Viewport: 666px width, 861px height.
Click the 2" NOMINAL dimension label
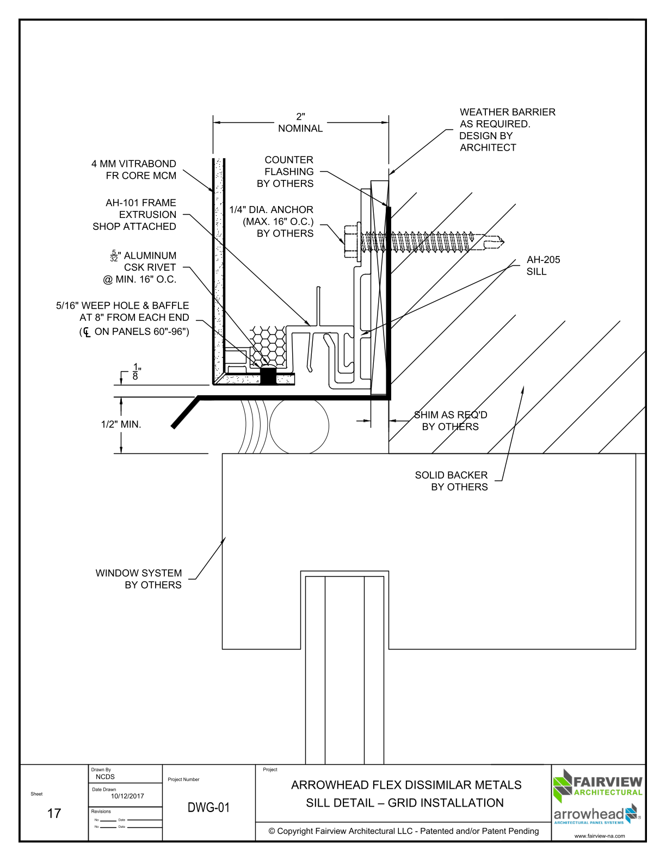300,122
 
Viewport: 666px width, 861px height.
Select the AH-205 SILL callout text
543,265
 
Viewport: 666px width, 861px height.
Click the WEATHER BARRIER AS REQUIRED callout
507,129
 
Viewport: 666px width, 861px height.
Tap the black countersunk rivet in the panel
268,375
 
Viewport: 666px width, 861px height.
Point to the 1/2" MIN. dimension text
121,425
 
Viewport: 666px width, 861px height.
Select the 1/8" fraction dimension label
136,371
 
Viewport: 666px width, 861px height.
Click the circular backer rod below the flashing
299,426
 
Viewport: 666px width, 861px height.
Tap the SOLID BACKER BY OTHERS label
452,481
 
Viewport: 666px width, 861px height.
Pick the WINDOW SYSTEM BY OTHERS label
138,579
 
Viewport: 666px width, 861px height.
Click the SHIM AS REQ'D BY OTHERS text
451,421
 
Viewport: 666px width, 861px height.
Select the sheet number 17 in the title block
54,814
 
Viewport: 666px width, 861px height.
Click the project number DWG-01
208,808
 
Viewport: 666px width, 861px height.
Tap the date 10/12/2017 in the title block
127,796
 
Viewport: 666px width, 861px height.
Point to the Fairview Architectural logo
597,787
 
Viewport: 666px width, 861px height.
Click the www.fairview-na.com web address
600,836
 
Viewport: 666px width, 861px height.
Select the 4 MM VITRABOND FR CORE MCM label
134,170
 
